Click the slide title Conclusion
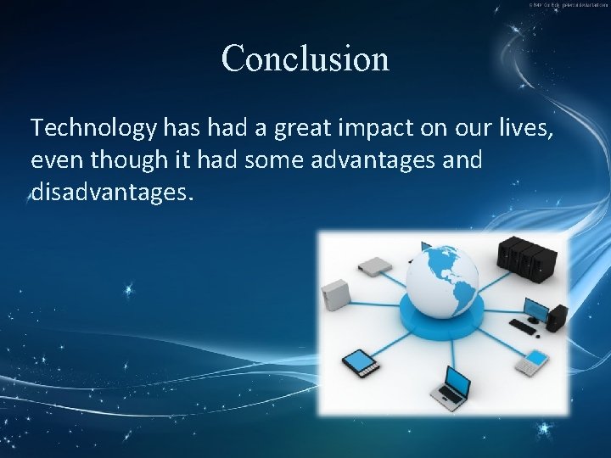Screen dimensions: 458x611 click(x=305, y=59)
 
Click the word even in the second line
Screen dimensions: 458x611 click(x=53, y=160)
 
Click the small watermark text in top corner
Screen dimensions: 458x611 click(x=568, y=5)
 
